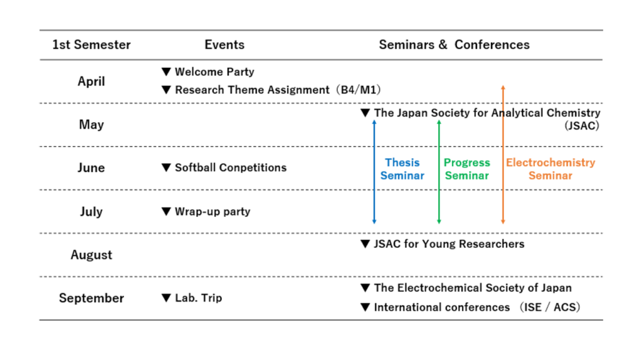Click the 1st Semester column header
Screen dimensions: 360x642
pyautogui.click(x=92, y=45)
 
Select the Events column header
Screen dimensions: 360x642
pyautogui.click(x=224, y=45)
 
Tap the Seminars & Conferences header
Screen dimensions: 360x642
pyautogui.click(x=454, y=45)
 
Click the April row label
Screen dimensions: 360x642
pyautogui.click(x=92, y=81)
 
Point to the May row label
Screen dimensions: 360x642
pyautogui.click(x=92, y=124)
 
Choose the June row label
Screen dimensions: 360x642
pyautogui.click(x=92, y=167)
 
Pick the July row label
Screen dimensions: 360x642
pyautogui.click(x=92, y=211)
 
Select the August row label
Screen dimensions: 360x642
pyautogui.click(x=92, y=255)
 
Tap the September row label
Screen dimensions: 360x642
pyautogui.click(x=92, y=298)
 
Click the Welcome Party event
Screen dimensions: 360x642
pyautogui.click(x=214, y=72)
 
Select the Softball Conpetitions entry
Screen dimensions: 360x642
pyautogui.click(x=230, y=167)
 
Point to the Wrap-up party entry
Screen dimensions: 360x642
pyautogui.click(x=212, y=211)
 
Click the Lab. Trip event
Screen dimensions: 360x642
pyautogui.click(x=198, y=298)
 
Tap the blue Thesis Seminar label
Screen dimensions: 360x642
pyautogui.click(x=402, y=169)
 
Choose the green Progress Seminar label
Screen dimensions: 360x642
pyautogui.click(x=467, y=169)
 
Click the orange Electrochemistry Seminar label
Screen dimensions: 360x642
pyautogui.click(x=550, y=169)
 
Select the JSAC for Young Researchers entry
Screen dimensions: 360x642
pyautogui.click(x=449, y=244)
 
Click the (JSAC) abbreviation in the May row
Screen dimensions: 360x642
pyautogui.click(x=582, y=125)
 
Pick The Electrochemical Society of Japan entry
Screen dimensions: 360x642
pyautogui.click(x=472, y=288)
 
